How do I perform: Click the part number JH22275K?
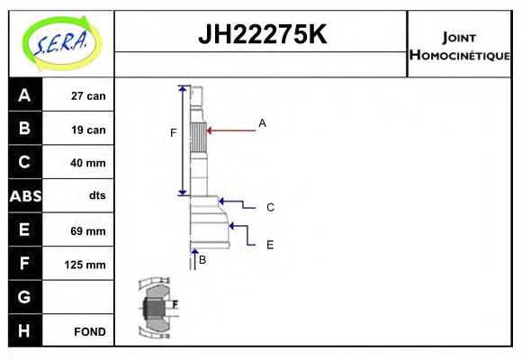(261, 35)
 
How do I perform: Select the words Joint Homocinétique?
(460, 46)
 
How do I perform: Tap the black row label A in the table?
(24, 95)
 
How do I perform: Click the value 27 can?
(88, 96)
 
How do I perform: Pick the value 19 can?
(88, 130)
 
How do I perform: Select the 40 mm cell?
(88, 163)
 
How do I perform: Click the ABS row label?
(24, 196)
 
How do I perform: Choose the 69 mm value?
(88, 231)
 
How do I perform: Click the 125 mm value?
(86, 265)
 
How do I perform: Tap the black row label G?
(24, 297)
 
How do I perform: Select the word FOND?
(90, 332)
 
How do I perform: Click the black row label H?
(24, 330)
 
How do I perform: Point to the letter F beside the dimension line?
(174, 133)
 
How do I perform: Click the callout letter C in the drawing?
(270, 207)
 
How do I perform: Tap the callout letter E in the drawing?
(269, 244)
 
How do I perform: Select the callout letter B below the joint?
(202, 259)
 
